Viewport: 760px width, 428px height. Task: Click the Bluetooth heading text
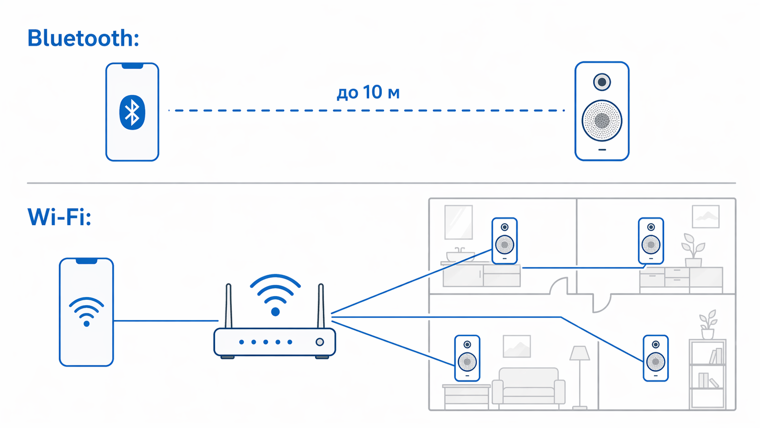coord(83,38)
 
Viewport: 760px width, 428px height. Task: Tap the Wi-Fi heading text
coord(60,217)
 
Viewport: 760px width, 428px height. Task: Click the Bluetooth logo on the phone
coord(132,112)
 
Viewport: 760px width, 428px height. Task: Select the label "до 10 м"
coord(368,92)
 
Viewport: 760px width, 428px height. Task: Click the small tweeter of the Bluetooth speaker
coord(602,82)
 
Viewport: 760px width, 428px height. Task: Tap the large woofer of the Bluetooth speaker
coord(602,121)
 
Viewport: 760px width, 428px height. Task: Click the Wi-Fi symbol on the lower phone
coord(86,312)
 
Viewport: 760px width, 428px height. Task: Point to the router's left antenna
coord(229,306)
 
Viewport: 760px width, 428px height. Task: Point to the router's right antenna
coord(320,306)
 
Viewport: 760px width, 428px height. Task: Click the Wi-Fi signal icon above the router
coord(275,295)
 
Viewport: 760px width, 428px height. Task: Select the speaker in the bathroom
coord(505,241)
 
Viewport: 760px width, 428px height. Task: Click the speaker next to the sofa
coord(467,358)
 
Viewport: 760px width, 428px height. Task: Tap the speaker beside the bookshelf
coord(655,358)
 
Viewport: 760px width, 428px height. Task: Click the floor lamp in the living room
coord(580,377)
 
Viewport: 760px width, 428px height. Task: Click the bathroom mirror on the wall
coord(458,222)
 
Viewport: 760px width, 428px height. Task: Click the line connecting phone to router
coord(166,320)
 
